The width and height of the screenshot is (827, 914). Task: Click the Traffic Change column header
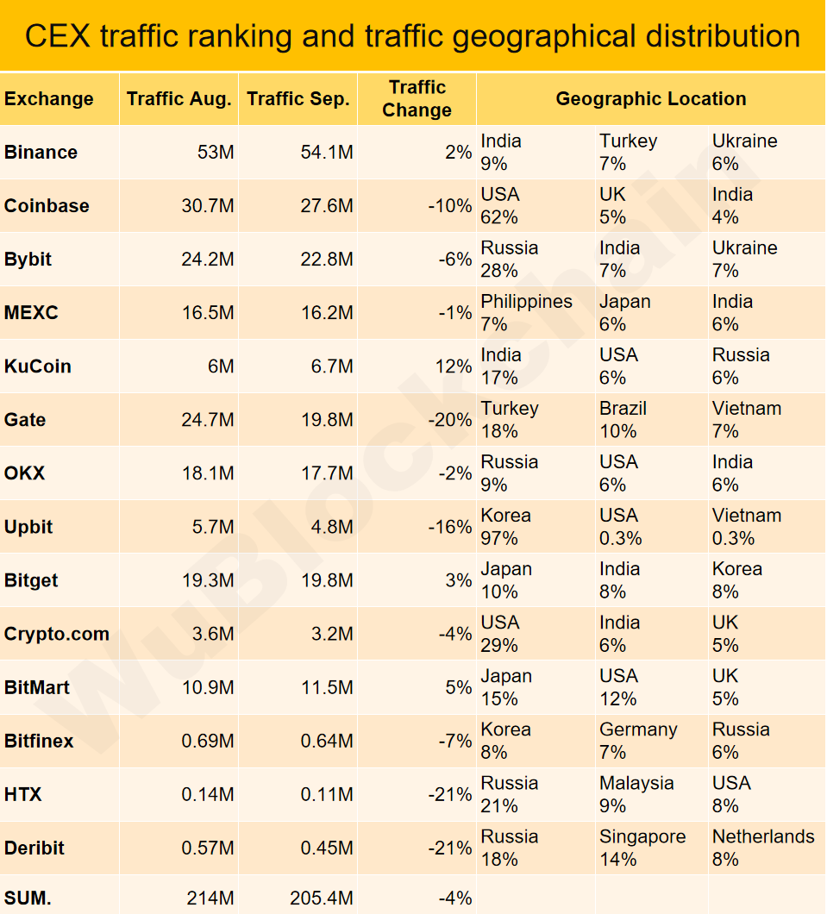pyautogui.click(x=417, y=98)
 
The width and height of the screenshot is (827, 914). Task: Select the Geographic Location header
pyautogui.click(x=650, y=98)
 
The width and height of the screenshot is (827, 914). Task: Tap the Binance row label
pyautogui.click(x=41, y=153)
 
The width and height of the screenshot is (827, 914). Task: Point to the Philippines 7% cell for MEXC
pyautogui.click(x=526, y=312)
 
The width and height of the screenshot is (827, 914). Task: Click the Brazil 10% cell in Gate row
pyautogui.click(x=623, y=419)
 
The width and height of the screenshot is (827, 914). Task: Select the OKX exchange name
pyautogui.click(x=24, y=473)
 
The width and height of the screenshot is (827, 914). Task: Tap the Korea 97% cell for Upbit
pyautogui.click(x=505, y=526)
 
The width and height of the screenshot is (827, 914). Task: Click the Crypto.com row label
pyautogui.click(x=57, y=634)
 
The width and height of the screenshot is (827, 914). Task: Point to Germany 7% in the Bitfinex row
pyautogui.click(x=638, y=740)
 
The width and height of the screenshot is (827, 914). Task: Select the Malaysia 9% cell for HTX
pyautogui.click(x=636, y=793)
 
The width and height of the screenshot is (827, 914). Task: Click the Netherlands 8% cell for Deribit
pyautogui.click(x=762, y=847)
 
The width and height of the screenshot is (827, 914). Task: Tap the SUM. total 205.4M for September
pyautogui.click(x=321, y=898)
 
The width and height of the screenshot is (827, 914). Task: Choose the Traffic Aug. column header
pyautogui.click(x=179, y=98)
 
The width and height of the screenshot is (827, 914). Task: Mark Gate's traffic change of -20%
pyautogui.click(x=449, y=420)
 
